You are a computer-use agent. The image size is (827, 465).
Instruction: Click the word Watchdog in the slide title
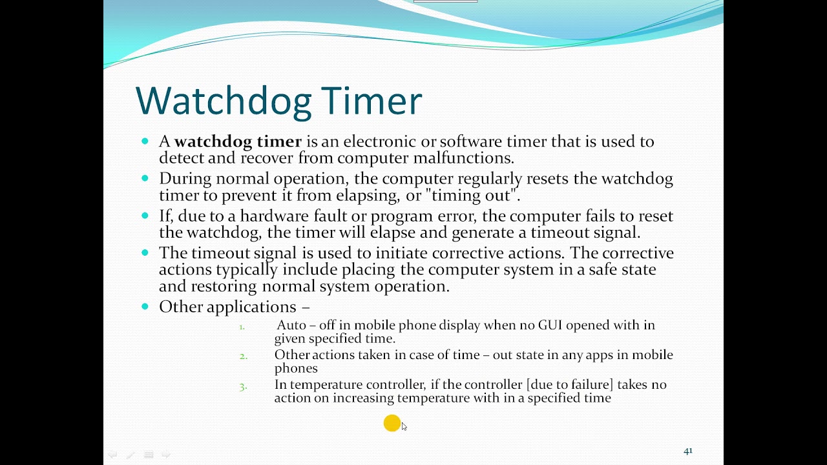[224, 101]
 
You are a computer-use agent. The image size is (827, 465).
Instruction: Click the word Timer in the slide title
[372, 101]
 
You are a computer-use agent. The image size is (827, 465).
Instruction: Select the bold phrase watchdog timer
[238, 141]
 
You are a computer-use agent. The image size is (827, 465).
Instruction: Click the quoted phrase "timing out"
[483, 195]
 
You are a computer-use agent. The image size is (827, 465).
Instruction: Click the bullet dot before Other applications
[145, 307]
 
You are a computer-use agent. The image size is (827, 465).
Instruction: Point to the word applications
[251, 307]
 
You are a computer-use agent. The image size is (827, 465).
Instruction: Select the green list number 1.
[242, 327]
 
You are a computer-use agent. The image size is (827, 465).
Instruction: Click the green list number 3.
[243, 386]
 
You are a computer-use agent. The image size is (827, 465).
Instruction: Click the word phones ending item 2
[296, 368]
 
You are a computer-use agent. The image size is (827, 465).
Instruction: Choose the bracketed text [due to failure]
[570, 385]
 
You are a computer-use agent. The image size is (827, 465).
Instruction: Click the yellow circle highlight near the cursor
[392, 424]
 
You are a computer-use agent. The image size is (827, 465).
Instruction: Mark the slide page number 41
[687, 451]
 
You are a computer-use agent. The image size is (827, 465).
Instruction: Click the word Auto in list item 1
[291, 325]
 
